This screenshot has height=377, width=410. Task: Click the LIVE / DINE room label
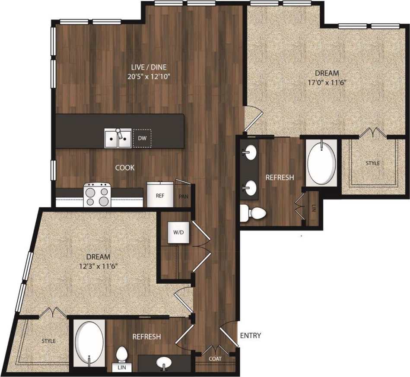tap(149, 67)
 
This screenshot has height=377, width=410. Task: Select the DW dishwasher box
tap(142, 138)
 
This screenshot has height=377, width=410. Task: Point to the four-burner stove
tap(98, 195)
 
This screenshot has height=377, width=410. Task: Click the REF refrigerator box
tap(160, 195)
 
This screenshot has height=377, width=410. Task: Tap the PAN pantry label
tap(183, 196)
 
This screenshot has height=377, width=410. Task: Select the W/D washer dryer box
tap(178, 232)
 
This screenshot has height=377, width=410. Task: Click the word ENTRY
tap(250, 336)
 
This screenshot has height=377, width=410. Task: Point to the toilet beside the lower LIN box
tap(122, 355)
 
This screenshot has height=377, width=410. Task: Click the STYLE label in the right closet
tap(373, 163)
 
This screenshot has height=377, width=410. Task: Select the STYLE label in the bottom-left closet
tap(48, 341)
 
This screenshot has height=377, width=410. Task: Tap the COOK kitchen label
tap(124, 168)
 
